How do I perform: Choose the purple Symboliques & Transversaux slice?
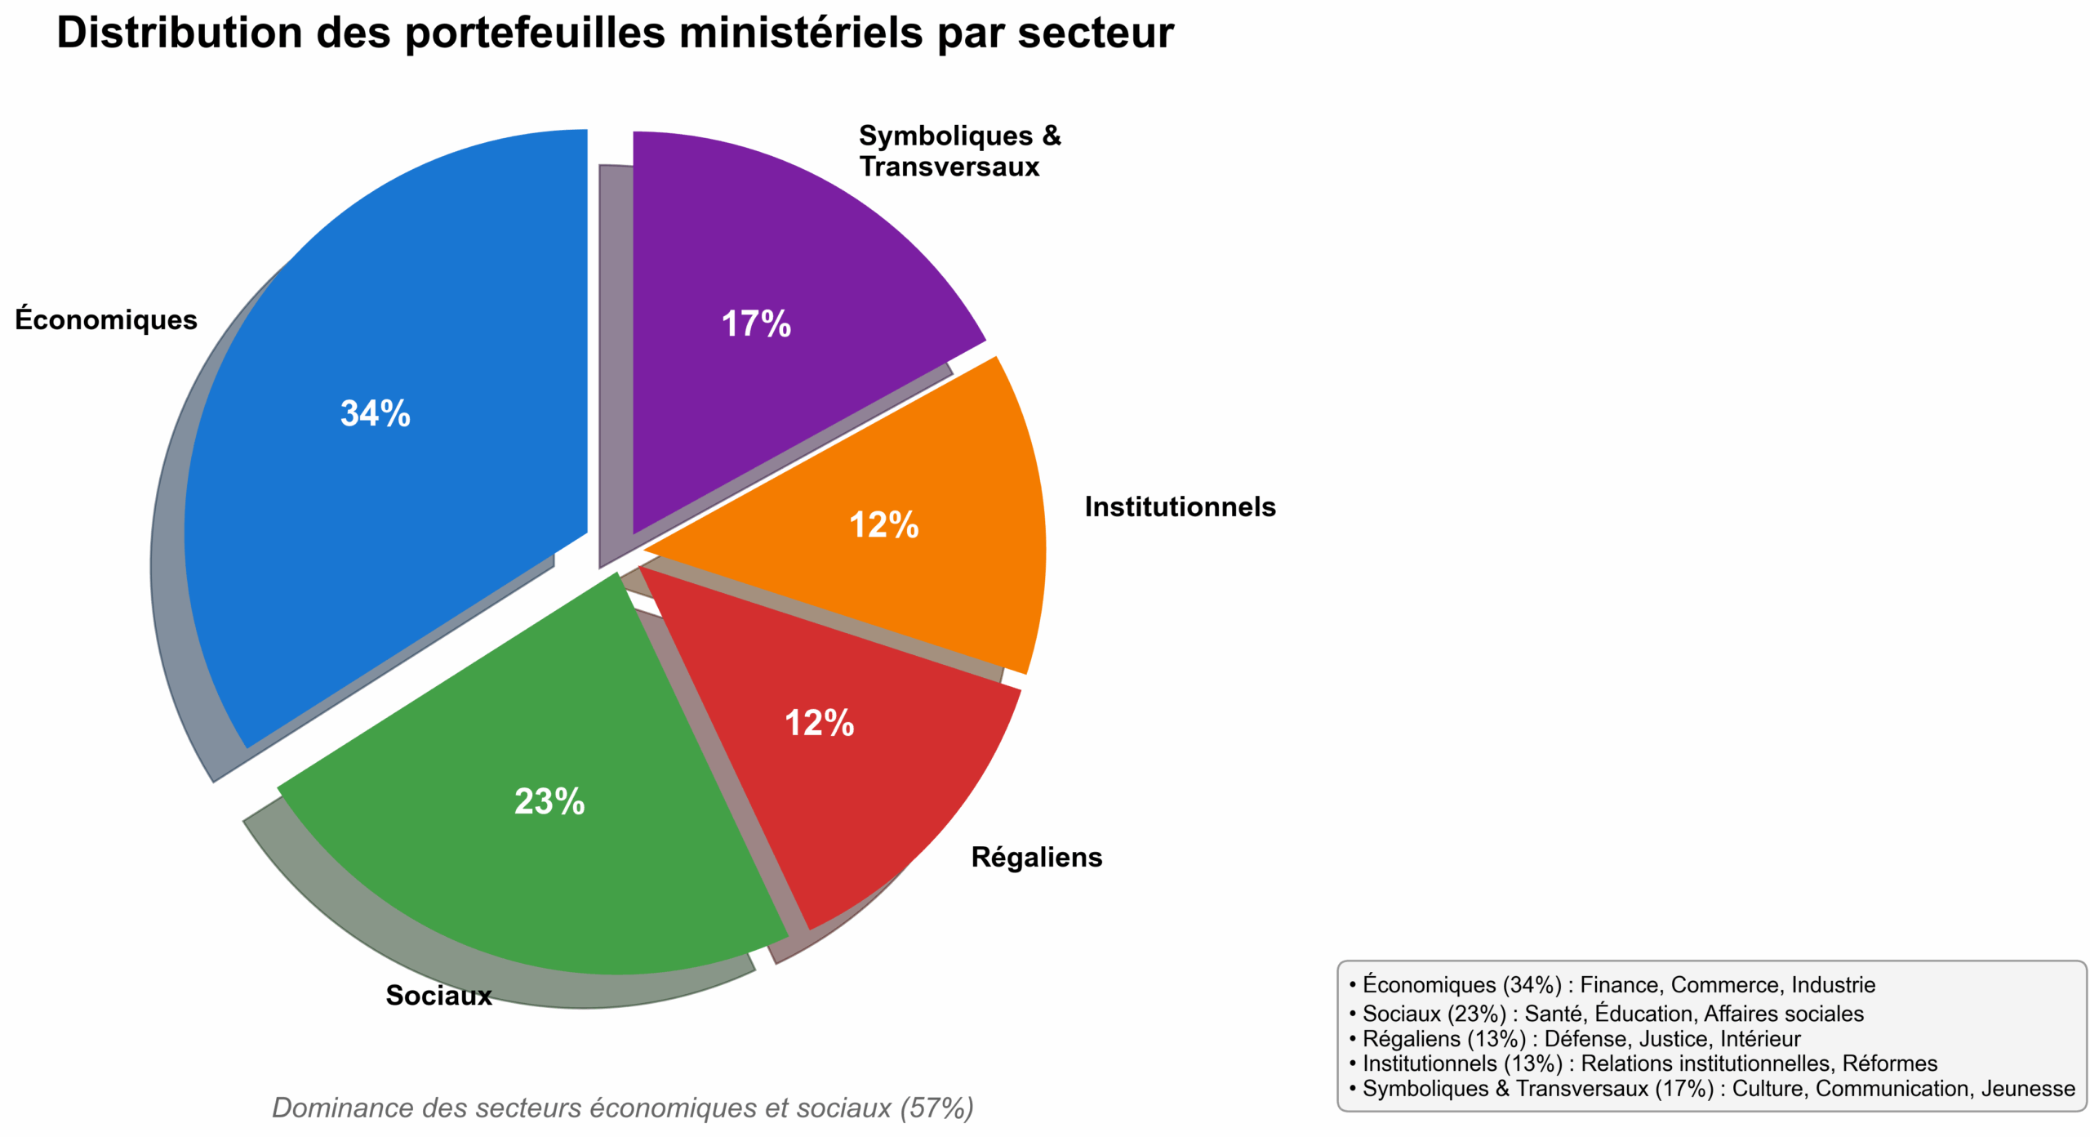776,245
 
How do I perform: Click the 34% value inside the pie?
376,413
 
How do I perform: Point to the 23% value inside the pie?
549,801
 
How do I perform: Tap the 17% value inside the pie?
756,324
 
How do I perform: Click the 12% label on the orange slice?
884,525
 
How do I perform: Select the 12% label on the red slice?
820,724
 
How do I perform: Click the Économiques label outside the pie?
106,319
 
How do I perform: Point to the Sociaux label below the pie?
438,995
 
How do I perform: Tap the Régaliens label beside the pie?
1036,857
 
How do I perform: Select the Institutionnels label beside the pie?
1180,506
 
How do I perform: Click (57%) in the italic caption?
937,1108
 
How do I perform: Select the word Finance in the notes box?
1620,985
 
